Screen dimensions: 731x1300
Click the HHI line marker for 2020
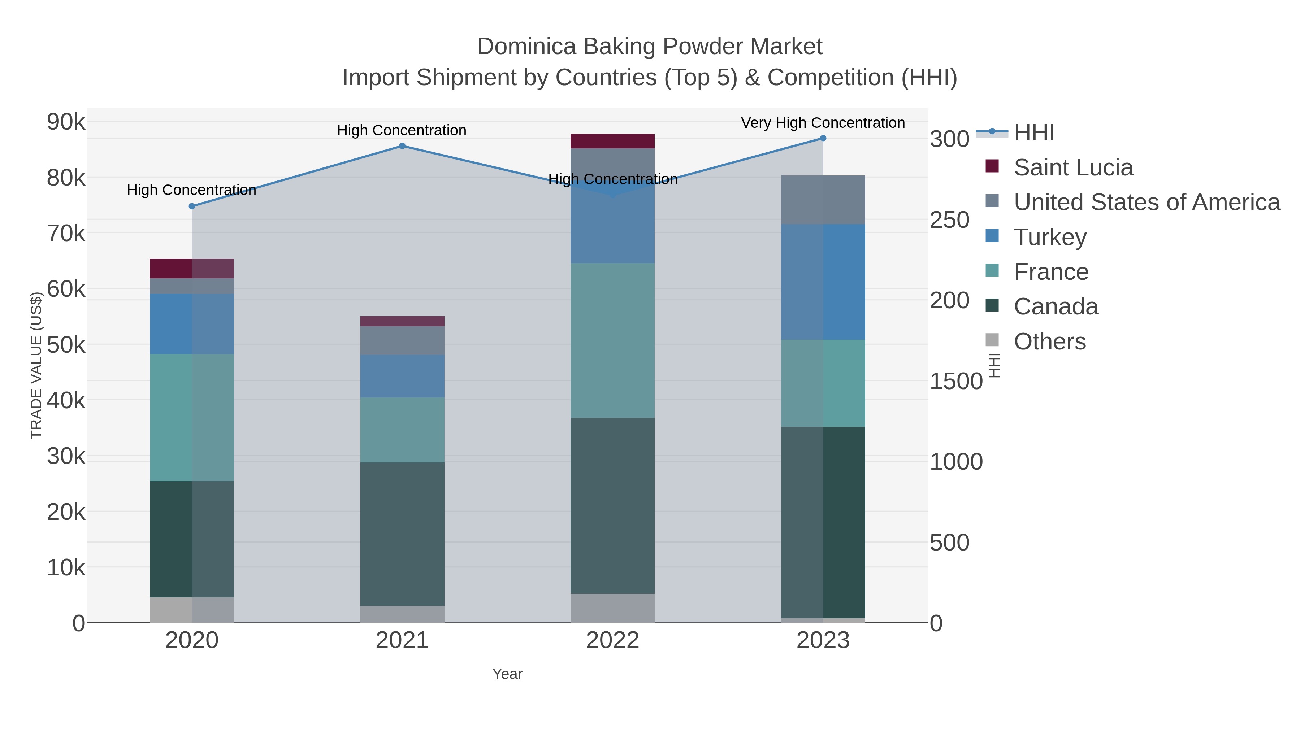coord(192,206)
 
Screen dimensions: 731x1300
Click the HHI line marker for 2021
coord(402,146)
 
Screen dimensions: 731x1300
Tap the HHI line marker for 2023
coord(823,138)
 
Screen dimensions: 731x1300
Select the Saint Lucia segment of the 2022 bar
coord(613,141)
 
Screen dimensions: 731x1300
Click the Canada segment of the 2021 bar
coord(402,534)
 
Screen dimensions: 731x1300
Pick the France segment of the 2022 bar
coord(613,340)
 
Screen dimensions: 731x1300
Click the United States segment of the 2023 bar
coord(823,200)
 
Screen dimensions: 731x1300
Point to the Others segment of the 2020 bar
coord(192,610)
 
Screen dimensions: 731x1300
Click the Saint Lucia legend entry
coord(1073,167)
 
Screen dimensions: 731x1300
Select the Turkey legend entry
coord(1050,237)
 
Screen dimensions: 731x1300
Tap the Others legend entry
coord(1050,341)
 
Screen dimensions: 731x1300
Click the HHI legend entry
coord(1033,133)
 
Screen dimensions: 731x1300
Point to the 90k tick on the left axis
coord(66,122)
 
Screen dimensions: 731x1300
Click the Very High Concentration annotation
coord(823,123)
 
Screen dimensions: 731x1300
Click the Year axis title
coord(507,674)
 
